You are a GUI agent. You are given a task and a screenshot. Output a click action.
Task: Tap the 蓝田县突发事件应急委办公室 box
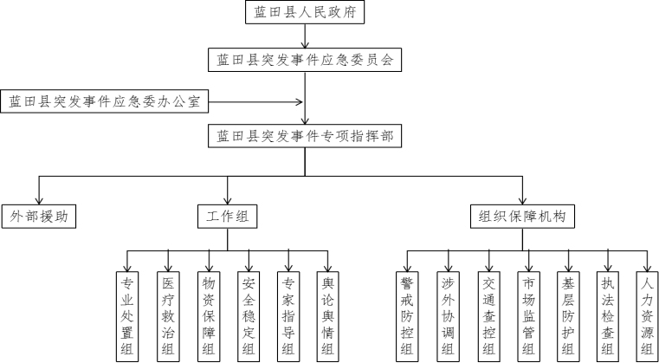tap(104, 101)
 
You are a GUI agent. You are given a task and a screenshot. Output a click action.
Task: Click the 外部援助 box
tap(39, 217)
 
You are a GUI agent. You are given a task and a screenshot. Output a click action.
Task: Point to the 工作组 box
tap(228, 217)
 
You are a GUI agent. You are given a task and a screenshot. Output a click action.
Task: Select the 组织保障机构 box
tap(523, 217)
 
